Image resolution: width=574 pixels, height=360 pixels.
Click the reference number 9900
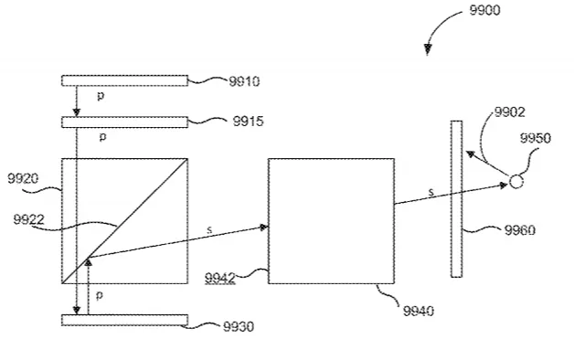pyautogui.click(x=484, y=10)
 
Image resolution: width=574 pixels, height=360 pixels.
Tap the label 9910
pyautogui.click(x=244, y=81)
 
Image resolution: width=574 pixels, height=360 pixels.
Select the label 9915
pyautogui.click(x=249, y=122)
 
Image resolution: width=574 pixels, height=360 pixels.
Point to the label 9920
pyautogui.click(x=23, y=178)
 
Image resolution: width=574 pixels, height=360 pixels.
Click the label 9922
pyautogui.click(x=28, y=219)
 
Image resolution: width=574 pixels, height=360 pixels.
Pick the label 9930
pyautogui.click(x=239, y=326)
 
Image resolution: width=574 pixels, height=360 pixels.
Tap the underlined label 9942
pyautogui.click(x=219, y=278)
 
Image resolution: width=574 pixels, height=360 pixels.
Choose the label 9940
pyautogui.click(x=419, y=311)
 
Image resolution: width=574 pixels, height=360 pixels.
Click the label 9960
pyautogui.click(x=520, y=230)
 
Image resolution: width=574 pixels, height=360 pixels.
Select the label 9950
pyautogui.click(x=536, y=138)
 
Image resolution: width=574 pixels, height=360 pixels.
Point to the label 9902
pyautogui.click(x=510, y=112)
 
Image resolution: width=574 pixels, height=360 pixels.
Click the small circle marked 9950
pyautogui.click(x=516, y=182)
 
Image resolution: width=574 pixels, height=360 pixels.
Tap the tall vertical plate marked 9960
pyautogui.click(x=456, y=199)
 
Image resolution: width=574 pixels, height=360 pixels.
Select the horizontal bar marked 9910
pyautogui.click(x=125, y=80)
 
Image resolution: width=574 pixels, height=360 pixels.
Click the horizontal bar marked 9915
pyautogui.click(x=125, y=122)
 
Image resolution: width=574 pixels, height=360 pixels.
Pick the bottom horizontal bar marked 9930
pyautogui.click(x=125, y=320)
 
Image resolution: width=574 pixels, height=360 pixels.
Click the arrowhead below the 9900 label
pyautogui.click(x=428, y=49)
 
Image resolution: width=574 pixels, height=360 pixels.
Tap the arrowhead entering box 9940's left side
pyautogui.click(x=264, y=228)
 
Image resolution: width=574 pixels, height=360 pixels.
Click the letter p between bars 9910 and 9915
pyautogui.click(x=101, y=96)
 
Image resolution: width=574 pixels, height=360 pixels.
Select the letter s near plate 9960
pyautogui.click(x=431, y=192)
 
